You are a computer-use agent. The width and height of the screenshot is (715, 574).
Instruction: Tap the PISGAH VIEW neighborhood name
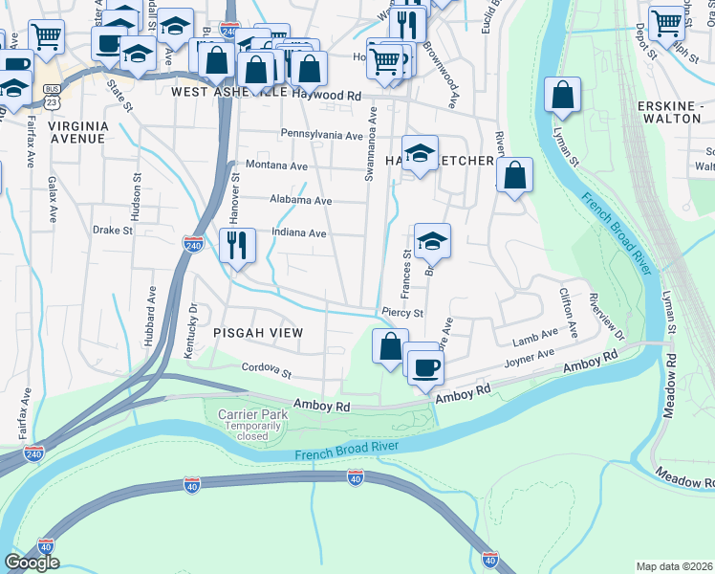click(x=258, y=333)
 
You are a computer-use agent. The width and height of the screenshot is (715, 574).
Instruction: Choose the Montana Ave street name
click(x=276, y=165)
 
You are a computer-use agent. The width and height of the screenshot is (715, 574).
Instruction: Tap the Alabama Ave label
click(x=300, y=201)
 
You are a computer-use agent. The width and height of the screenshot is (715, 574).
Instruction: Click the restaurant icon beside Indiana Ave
click(x=237, y=245)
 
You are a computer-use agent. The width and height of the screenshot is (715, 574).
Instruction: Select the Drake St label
click(x=112, y=231)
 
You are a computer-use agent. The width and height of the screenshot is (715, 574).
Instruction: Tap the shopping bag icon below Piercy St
click(x=389, y=345)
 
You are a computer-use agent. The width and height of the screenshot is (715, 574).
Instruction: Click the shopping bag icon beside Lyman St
click(x=563, y=95)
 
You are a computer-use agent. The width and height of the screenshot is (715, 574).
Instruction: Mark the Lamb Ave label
click(x=534, y=337)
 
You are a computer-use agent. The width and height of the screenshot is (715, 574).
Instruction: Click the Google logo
click(x=31, y=563)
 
